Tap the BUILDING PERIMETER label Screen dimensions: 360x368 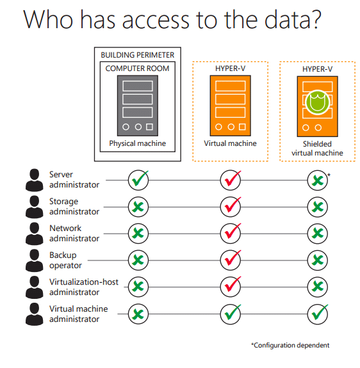[137, 55]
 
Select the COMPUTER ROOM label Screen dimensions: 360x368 [137, 68]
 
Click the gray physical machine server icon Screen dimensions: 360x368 [138, 106]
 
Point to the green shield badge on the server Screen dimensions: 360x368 [317, 102]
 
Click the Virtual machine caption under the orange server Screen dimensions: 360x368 [230, 143]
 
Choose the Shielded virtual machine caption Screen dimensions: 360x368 [317, 148]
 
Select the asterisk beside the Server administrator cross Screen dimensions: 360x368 [329, 175]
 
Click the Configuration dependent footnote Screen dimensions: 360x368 [290, 345]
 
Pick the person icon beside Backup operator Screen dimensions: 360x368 [35, 260]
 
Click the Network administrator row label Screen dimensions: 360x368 [74, 234]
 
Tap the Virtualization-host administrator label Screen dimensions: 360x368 [84, 287]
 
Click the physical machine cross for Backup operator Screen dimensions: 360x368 [138, 260]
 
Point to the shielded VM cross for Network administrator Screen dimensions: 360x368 [318, 234]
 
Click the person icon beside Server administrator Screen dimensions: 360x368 [35, 180]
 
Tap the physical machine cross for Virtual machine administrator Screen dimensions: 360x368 [138, 314]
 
